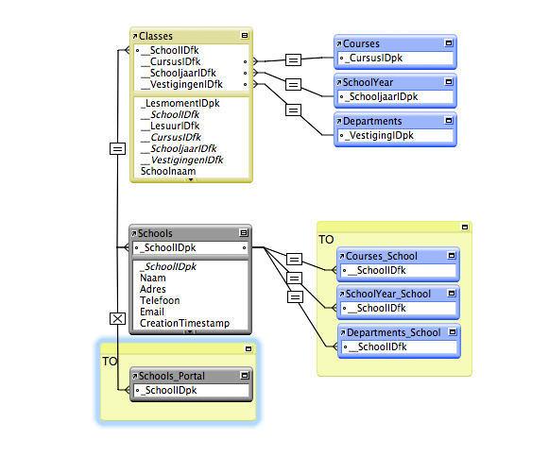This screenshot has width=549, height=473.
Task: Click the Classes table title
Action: click(156, 36)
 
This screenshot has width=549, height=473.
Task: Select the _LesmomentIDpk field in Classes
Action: click(180, 103)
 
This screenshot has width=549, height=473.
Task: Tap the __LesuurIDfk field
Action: click(170, 126)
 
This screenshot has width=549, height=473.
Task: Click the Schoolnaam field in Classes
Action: click(168, 171)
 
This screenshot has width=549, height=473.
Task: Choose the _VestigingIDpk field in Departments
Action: click(379, 135)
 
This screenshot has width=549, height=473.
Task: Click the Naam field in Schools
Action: click(153, 278)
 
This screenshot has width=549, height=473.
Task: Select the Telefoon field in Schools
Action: click(160, 300)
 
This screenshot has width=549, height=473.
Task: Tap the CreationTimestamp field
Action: click(184, 323)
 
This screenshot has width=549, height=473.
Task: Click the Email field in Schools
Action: click(151, 312)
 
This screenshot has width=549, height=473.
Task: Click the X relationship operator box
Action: click(117, 319)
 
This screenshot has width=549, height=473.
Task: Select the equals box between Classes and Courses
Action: click(294, 59)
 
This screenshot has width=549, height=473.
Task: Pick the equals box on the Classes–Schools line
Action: click(117, 148)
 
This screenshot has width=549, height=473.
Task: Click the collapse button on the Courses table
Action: click(449, 43)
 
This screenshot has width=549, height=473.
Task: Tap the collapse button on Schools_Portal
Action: click(245, 376)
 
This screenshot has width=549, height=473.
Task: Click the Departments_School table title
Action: click(393, 332)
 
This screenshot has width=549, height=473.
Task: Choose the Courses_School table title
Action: click(382, 256)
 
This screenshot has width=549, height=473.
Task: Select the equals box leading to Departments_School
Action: click(295, 297)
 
